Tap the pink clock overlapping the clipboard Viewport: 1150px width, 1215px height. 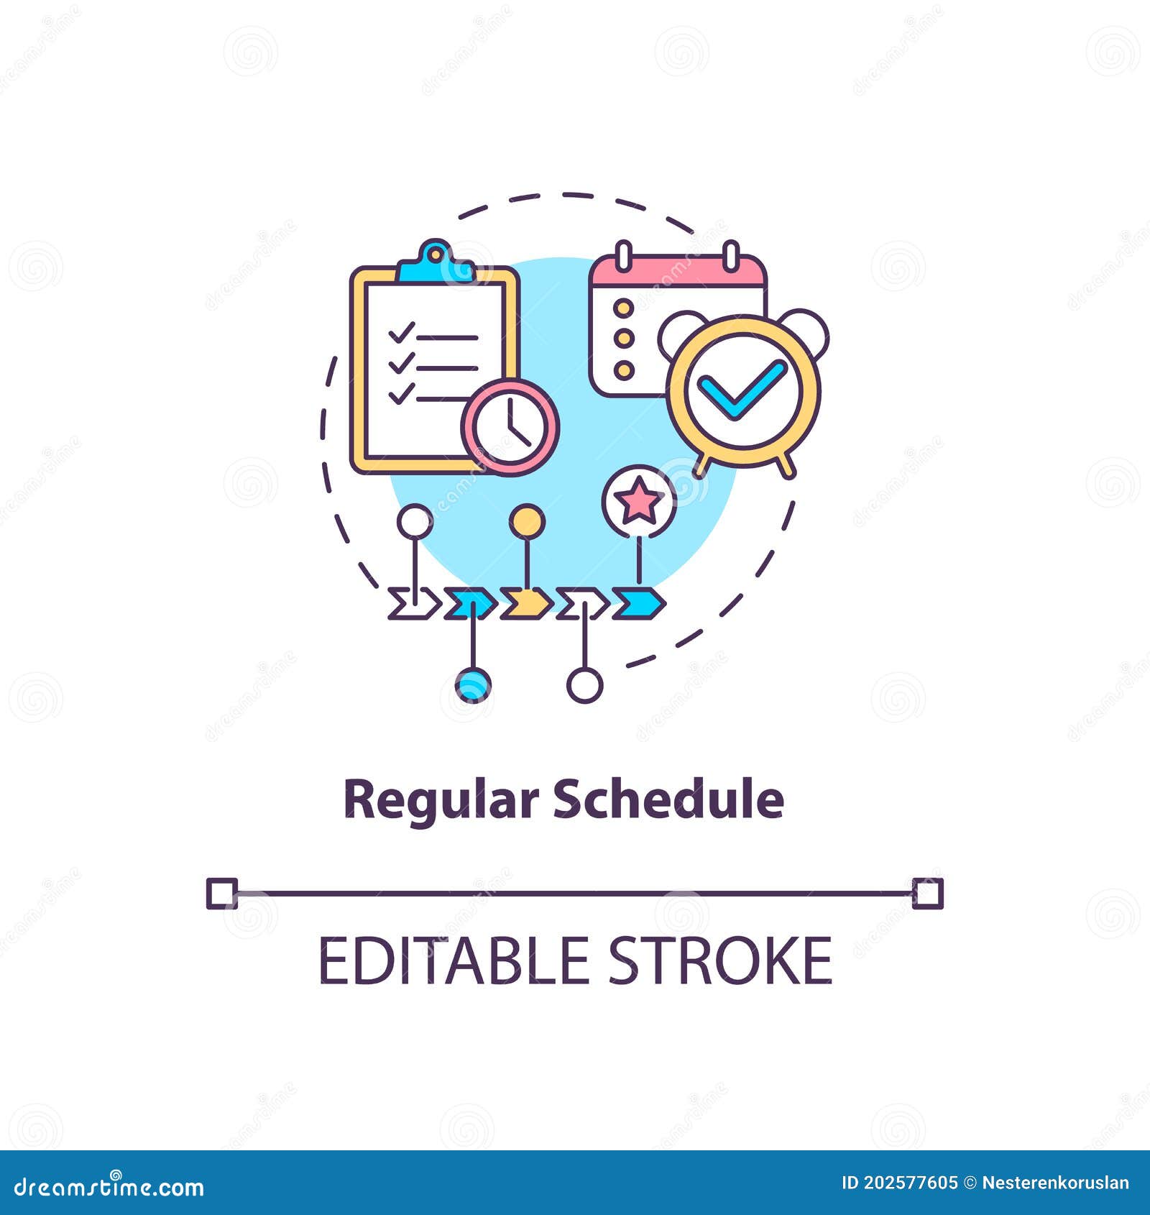coord(510,427)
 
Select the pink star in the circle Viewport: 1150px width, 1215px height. coord(639,502)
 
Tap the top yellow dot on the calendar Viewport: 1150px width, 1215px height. coord(624,308)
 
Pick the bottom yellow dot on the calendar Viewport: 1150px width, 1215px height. coord(624,370)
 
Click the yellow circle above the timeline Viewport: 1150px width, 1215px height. coord(527,521)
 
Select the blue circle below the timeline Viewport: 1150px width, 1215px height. coord(473,684)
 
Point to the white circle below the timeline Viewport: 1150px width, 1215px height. coord(584,684)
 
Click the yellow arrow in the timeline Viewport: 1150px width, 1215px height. coord(526,604)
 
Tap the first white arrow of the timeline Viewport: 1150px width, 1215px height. coord(414,604)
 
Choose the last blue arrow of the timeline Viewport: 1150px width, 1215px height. coord(638,604)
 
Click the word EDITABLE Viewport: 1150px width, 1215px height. coord(454,960)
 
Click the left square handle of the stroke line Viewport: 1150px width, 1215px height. coord(221,894)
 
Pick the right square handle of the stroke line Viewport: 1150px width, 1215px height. coord(927,894)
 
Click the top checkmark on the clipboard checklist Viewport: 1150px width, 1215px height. coord(401,333)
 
